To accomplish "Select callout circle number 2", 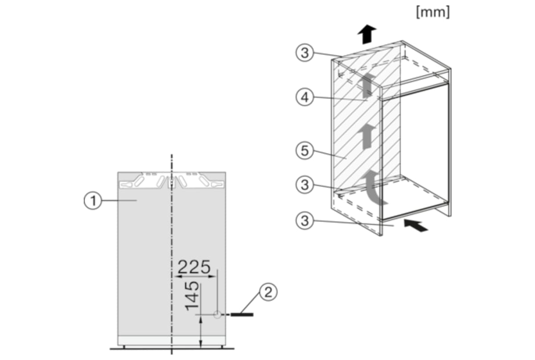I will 267,292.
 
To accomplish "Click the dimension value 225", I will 194,267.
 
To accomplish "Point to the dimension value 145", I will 193,296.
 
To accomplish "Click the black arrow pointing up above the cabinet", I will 366,34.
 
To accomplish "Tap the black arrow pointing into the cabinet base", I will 416,225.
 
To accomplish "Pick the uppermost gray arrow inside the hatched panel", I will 367,85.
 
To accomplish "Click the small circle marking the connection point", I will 217,315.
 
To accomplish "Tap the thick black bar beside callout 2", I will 243,315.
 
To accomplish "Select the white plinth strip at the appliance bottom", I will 171,341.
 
